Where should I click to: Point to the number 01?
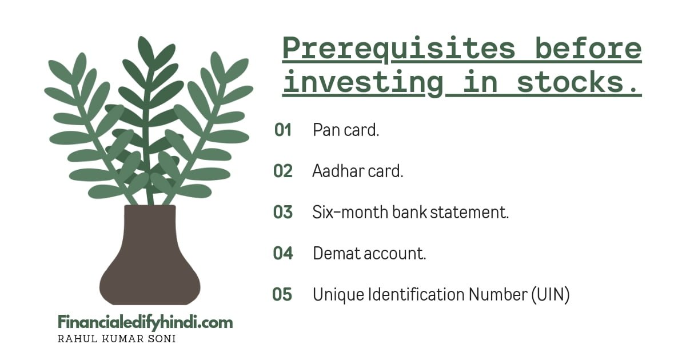(283, 130)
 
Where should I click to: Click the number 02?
(283, 171)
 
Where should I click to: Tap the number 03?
(283, 213)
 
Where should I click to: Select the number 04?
(283, 254)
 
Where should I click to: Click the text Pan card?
(346, 130)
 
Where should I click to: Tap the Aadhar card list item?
(358, 171)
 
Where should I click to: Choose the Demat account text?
(369, 254)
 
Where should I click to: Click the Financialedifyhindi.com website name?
(145, 323)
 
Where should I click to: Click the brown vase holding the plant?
(150, 257)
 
